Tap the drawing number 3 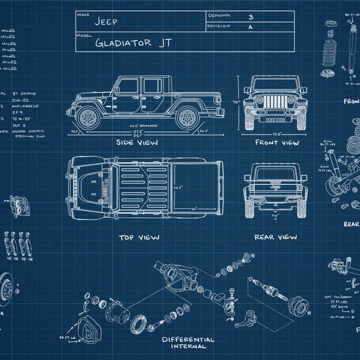(x=249, y=17)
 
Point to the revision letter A (x=249, y=27)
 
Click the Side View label (x=137, y=143)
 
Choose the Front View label (x=277, y=143)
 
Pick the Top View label (x=139, y=237)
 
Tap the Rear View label (x=275, y=237)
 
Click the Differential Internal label (x=188, y=343)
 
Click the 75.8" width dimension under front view (x=277, y=134)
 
